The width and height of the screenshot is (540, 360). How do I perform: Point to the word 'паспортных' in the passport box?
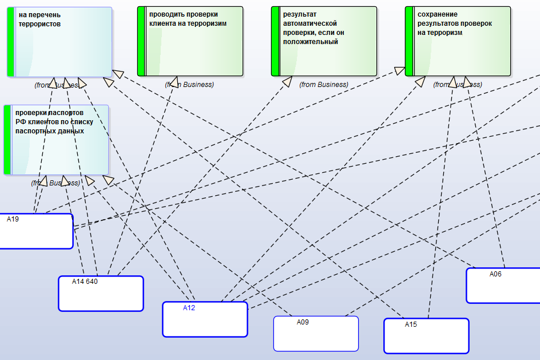(33, 131)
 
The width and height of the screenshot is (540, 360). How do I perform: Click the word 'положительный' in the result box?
(308, 42)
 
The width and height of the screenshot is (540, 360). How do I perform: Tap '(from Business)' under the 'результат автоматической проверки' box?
(324, 85)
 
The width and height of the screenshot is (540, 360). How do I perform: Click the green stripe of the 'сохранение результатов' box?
(409, 41)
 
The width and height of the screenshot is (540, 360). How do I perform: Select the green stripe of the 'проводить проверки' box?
(141, 41)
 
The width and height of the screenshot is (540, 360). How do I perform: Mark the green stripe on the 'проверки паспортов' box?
(7, 140)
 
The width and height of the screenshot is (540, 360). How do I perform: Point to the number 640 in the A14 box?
(92, 281)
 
